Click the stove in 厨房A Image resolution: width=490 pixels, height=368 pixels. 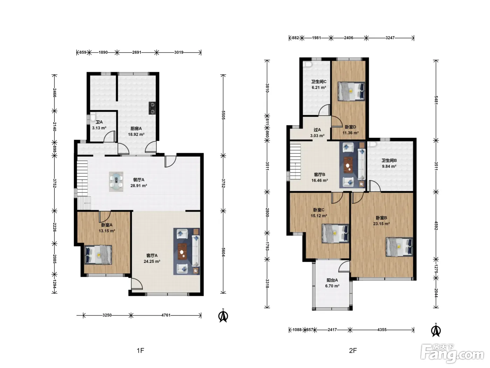pyautogui.click(x=152, y=108)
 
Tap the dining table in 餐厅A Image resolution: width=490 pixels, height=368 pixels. pyautogui.click(x=116, y=182)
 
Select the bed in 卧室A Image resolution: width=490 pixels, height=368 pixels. pyautogui.click(x=98, y=255)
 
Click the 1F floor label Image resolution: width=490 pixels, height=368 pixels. pyautogui.click(x=140, y=350)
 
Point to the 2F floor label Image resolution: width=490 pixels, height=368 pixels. pyautogui.click(x=353, y=350)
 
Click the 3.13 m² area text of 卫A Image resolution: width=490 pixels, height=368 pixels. pyautogui.click(x=99, y=128)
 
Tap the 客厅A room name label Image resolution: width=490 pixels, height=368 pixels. pyautogui.click(x=152, y=255)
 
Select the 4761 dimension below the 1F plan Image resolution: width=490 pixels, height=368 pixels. pyautogui.click(x=166, y=315)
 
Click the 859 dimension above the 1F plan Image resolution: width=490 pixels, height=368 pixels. pyautogui.click(x=83, y=52)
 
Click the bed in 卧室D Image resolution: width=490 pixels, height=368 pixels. pyautogui.click(x=351, y=91)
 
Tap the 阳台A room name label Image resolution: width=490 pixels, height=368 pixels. pyautogui.click(x=332, y=280)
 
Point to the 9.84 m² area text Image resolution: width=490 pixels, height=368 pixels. pyautogui.click(x=389, y=166)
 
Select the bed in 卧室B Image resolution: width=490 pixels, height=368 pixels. pyautogui.click(x=399, y=247)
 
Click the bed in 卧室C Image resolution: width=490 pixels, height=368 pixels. pyautogui.click(x=335, y=233)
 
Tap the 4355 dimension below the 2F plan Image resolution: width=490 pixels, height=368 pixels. pyautogui.click(x=382, y=329)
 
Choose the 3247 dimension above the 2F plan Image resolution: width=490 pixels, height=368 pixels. pyautogui.click(x=390, y=38)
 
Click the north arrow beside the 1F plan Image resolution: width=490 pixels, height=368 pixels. pyautogui.click(x=223, y=315)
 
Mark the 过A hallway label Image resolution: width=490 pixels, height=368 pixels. pyautogui.click(x=317, y=130)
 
